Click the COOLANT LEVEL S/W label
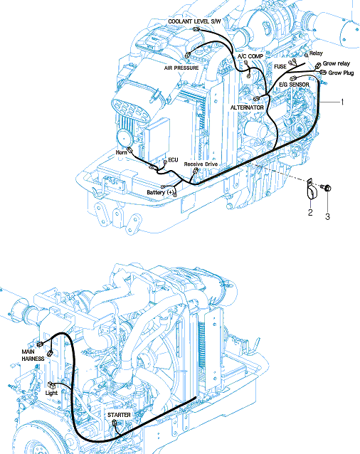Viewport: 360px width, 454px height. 194,21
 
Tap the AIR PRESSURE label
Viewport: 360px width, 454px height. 181,68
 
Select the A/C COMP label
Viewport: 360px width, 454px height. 250,56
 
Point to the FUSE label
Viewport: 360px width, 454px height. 280,67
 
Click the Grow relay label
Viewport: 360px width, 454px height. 337,63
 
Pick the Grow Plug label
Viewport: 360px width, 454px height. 341,73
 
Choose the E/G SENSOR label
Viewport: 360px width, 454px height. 294,85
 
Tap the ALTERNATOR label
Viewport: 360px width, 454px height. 247,107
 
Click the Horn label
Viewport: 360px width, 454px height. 121,152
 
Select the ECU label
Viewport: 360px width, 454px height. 173,160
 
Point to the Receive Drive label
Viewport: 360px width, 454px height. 201,164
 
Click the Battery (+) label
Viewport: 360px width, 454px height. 160,192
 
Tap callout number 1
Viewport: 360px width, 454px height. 342,102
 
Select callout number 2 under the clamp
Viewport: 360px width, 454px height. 310,213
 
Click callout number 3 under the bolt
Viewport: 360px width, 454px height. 327,216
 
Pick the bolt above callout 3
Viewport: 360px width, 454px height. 326,188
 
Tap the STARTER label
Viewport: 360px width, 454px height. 119,415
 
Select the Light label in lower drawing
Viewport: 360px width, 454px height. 51,393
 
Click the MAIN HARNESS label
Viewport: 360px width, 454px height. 33,355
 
